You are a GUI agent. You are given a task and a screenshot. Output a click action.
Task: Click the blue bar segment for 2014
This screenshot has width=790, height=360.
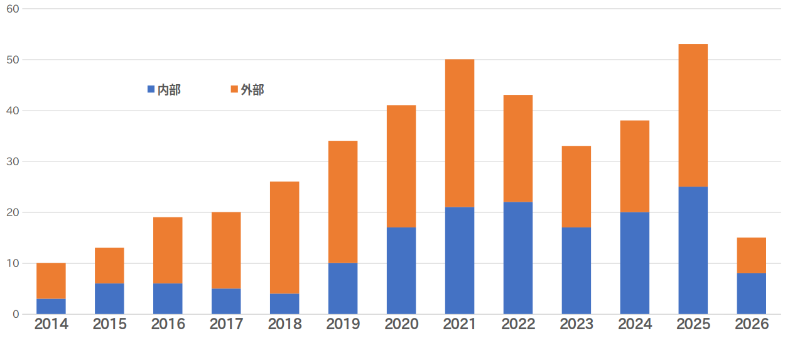tap(51, 307)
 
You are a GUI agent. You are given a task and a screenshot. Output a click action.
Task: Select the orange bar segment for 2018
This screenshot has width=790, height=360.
tap(284, 237)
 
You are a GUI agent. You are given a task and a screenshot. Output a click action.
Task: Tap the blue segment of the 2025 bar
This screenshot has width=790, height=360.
tap(693, 250)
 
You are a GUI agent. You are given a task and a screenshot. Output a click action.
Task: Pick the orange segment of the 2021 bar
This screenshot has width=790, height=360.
tap(460, 133)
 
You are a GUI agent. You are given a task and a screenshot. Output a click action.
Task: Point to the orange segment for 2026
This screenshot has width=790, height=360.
tap(752, 256)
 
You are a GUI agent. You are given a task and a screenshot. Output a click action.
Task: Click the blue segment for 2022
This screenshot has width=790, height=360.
tap(518, 258)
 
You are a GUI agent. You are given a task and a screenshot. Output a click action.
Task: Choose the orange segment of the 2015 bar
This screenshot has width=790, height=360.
tap(109, 266)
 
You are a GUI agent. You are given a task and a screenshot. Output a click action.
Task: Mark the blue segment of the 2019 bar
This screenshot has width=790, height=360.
tap(343, 289)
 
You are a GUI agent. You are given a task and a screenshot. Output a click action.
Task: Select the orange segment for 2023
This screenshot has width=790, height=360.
tap(576, 187)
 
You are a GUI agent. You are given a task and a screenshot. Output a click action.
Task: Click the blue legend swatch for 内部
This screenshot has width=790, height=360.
tap(151, 89)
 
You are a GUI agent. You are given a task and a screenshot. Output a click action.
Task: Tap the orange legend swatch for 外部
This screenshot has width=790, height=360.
tap(234, 89)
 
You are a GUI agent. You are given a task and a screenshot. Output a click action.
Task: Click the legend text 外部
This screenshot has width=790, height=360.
tap(252, 90)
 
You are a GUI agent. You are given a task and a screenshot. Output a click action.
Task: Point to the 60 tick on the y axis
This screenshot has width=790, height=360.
tap(13, 9)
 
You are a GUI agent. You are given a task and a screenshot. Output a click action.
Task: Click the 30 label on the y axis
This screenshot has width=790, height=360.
tap(13, 161)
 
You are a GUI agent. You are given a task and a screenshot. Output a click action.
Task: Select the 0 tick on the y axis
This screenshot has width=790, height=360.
tap(16, 314)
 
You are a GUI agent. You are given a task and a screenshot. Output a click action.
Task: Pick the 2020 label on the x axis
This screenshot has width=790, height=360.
tap(401, 324)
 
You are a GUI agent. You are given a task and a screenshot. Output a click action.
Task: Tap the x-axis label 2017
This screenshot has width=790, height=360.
tap(226, 324)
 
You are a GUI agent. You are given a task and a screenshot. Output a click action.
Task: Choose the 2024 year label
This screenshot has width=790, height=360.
tap(635, 324)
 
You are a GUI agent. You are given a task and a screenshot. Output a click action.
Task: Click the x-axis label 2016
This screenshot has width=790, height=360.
tap(168, 324)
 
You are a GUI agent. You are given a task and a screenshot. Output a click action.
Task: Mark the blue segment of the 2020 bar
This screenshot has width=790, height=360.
tap(401, 271)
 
